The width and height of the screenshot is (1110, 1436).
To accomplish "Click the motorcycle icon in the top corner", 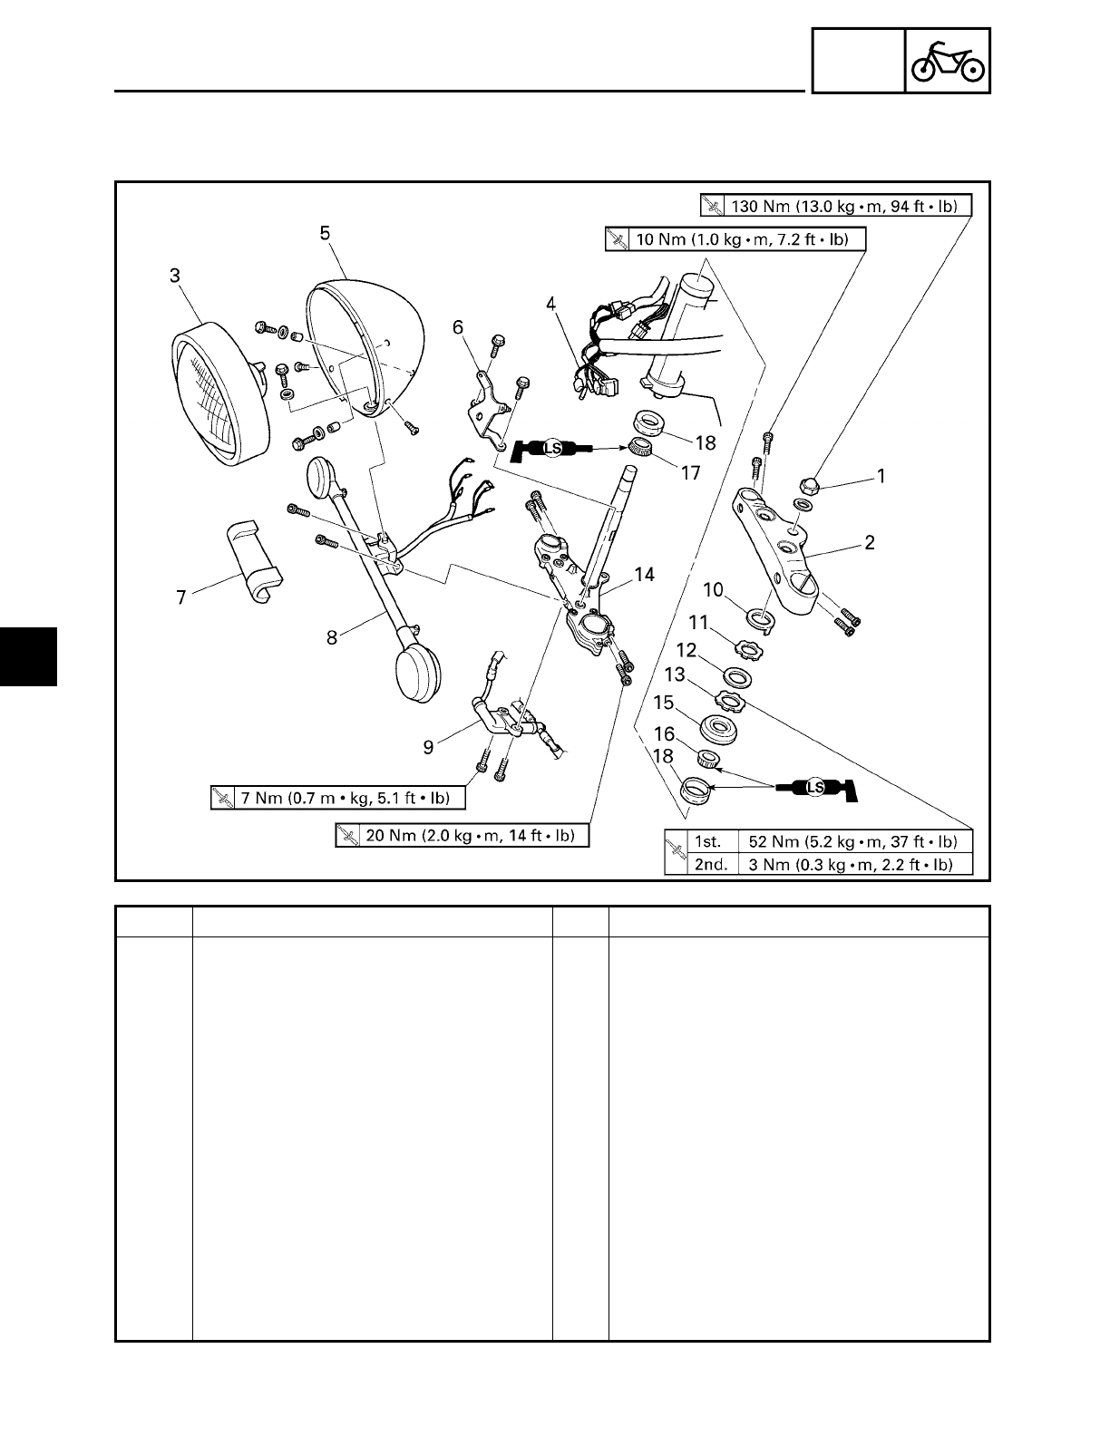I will tap(948, 61).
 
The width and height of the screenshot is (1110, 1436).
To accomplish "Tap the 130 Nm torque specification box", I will tap(835, 206).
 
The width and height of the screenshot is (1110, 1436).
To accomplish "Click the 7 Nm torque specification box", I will tap(337, 798).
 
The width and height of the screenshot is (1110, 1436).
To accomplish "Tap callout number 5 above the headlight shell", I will tap(325, 233).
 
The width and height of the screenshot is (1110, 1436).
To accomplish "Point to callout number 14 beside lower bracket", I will tap(645, 575).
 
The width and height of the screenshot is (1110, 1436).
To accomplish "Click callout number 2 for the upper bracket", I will tap(870, 543).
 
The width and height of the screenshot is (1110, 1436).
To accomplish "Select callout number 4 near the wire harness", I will tap(550, 306).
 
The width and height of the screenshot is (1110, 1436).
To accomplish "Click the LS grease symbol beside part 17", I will tap(550, 448).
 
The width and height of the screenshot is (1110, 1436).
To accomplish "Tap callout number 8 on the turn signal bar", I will tap(333, 637).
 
